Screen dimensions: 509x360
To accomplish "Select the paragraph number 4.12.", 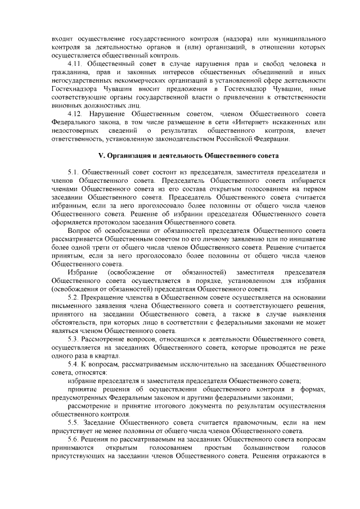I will (x=75, y=115).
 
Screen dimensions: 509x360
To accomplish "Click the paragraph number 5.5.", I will (x=74, y=422).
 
